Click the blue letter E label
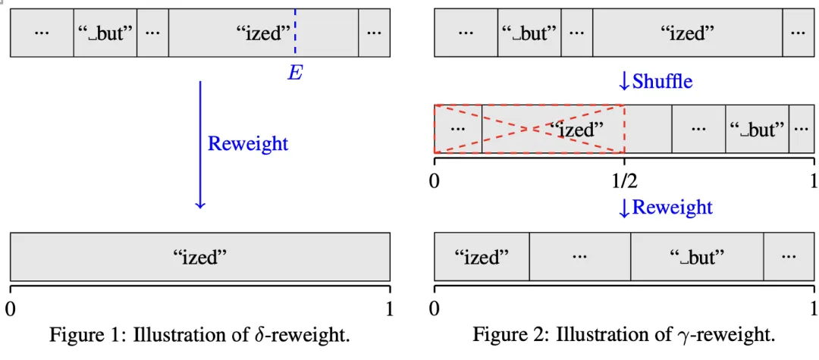294,73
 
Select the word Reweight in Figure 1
248,143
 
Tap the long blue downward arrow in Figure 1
200,144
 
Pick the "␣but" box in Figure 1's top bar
105,33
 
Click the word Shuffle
662,81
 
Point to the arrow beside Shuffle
624,81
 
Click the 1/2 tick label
624,182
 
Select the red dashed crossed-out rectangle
529,129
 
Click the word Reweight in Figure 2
672,207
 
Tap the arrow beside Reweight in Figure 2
624,207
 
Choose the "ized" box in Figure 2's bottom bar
482,257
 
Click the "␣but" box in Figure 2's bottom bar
697,257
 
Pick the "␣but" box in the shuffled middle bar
757,129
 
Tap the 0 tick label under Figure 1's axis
11,308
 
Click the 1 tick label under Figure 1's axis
388,308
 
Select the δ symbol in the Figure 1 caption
259,334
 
